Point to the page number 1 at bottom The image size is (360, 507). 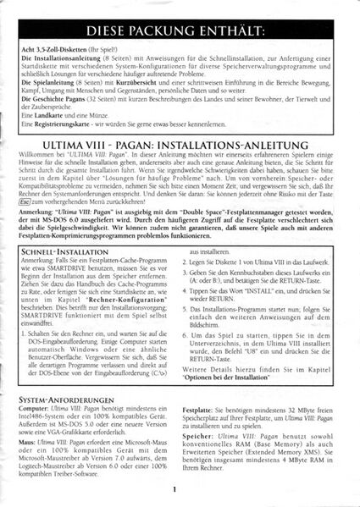(x=172, y=489)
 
